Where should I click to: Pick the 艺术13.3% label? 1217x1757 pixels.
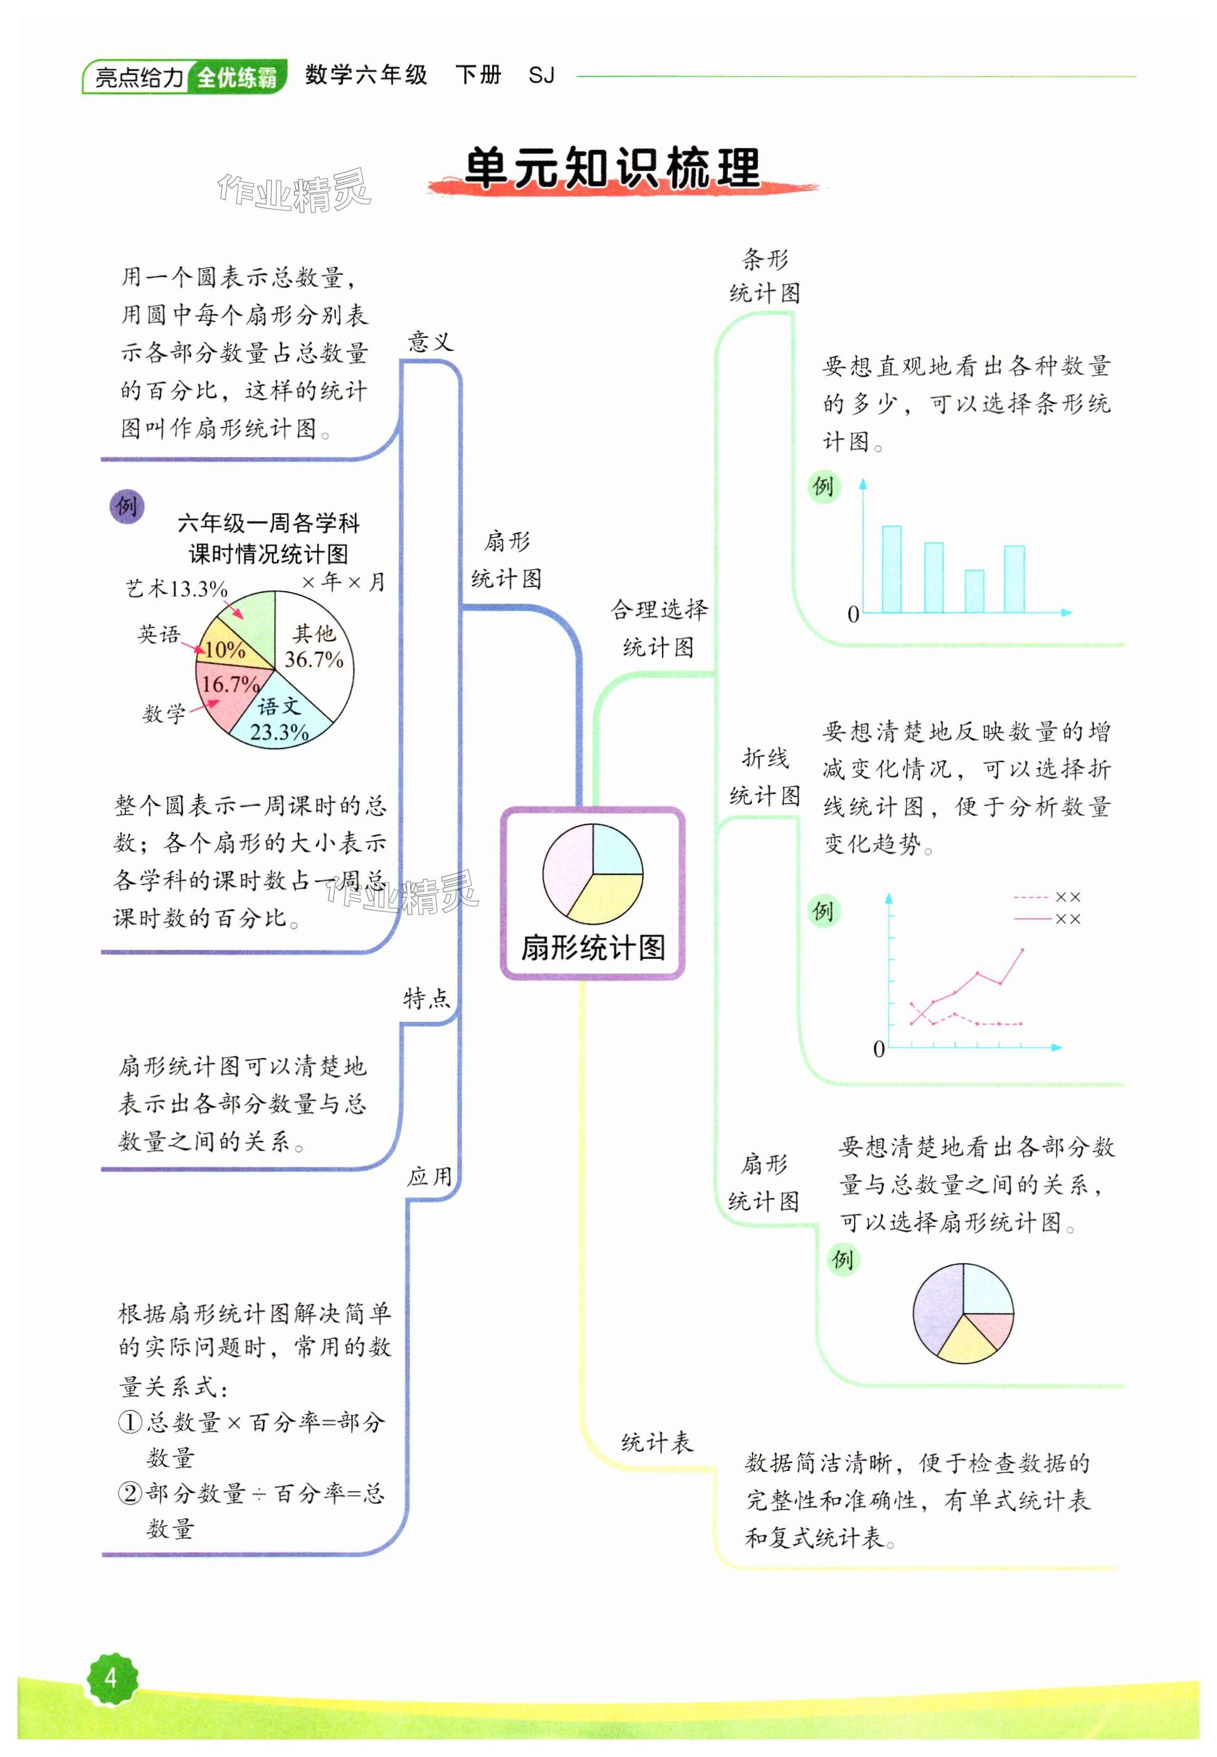176,589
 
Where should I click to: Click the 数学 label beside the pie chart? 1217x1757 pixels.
164,713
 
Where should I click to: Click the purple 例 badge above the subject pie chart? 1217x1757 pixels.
127,506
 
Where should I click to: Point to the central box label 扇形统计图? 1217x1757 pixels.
593,948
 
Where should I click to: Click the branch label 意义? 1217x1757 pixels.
431,342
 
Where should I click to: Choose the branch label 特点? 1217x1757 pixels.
427,998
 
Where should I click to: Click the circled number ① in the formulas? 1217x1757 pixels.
130,1422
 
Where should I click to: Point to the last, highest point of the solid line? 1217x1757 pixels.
1022,950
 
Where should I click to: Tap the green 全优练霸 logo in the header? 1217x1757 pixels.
236,77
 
